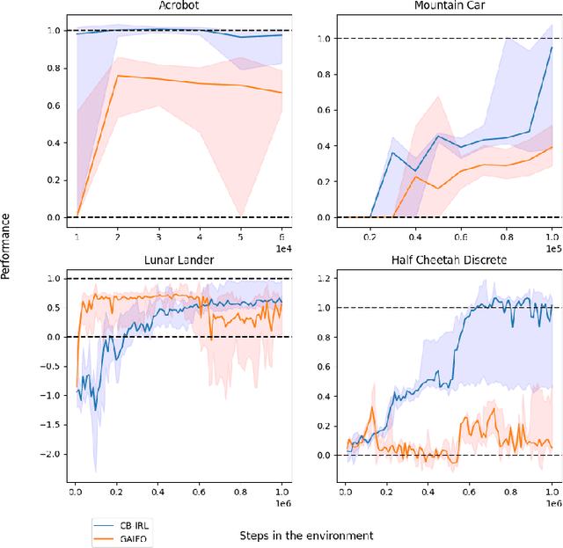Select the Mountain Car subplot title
point(448,6)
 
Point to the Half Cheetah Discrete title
point(448,261)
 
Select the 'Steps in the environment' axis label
point(306,535)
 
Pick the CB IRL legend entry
point(126,520)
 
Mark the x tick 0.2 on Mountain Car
point(371,237)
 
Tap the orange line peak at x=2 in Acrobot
point(118,76)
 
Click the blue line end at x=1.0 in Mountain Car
point(551,47)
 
